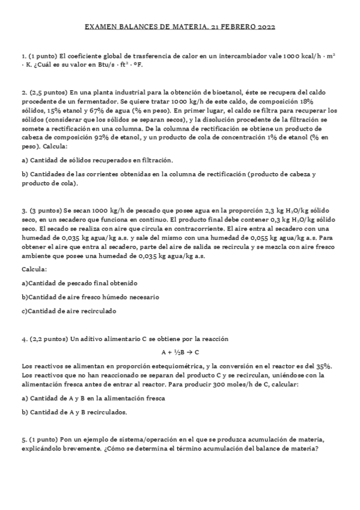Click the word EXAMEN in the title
click(x=99, y=27)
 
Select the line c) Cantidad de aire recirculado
click(x=69, y=311)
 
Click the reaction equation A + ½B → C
click(x=180, y=352)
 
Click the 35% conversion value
click(x=325, y=366)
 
